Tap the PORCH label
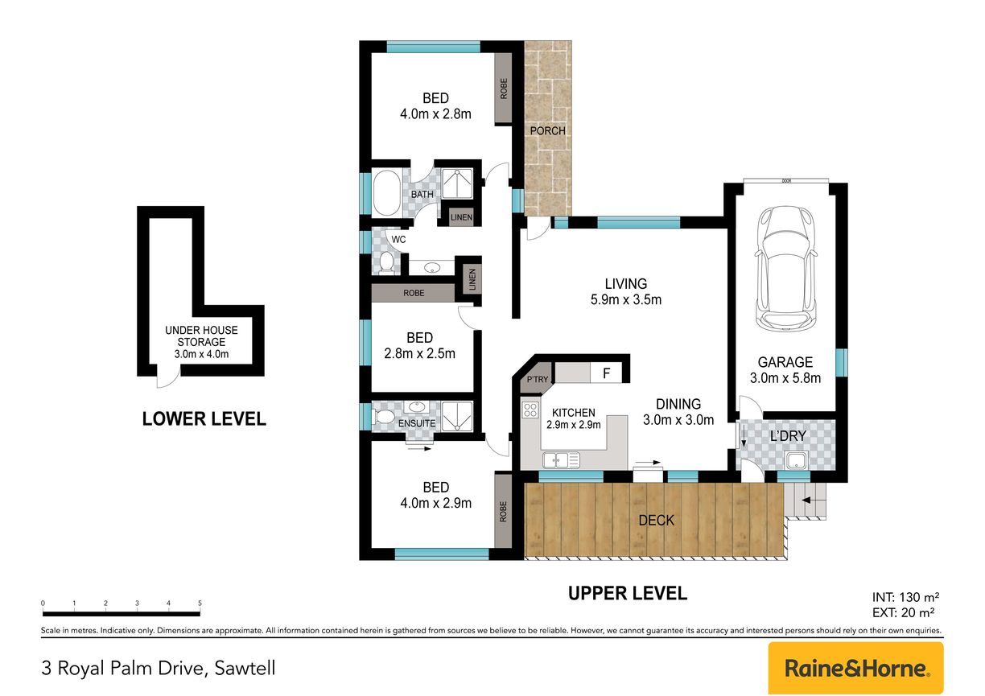click(x=547, y=131)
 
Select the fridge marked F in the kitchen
click(x=607, y=373)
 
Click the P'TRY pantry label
click(x=538, y=380)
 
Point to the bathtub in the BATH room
click(x=386, y=193)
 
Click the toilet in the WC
click(x=386, y=262)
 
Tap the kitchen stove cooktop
click(x=530, y=410)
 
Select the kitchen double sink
click(x=561, y=460)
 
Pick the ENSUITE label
click(x=417, y=423)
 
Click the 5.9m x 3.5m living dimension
click(x=626, y=300)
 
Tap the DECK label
click(x=656, y=521)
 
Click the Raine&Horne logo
click(x=855, y=668)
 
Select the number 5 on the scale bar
click(x=200, y=603)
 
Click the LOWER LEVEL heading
click(x=204, y=419)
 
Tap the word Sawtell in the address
click(x=245, y=669)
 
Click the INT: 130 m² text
click(x=906, y=597)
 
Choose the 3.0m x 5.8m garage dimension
click(x=785, y=378)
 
